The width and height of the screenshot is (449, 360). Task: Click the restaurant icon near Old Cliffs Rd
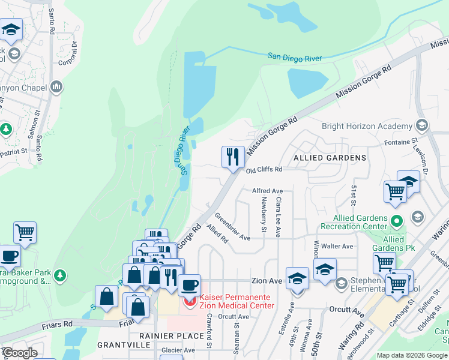(233, 157)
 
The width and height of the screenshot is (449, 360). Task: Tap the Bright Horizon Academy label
(367, 126)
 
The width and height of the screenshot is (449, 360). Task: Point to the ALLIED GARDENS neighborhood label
(330, 157)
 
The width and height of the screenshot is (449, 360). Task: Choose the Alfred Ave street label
(267, 190)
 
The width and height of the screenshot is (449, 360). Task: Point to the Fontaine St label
(401, 141)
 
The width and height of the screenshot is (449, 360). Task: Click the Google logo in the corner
(20, 353)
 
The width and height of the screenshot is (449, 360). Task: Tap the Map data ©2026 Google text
(412, 355)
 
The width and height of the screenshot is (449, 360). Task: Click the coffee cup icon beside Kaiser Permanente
(189, 284)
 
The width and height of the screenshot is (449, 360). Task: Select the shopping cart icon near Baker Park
(25, 232)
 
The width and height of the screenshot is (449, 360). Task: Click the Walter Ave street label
(337, 246)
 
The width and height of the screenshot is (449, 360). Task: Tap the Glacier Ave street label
(178, 350)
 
